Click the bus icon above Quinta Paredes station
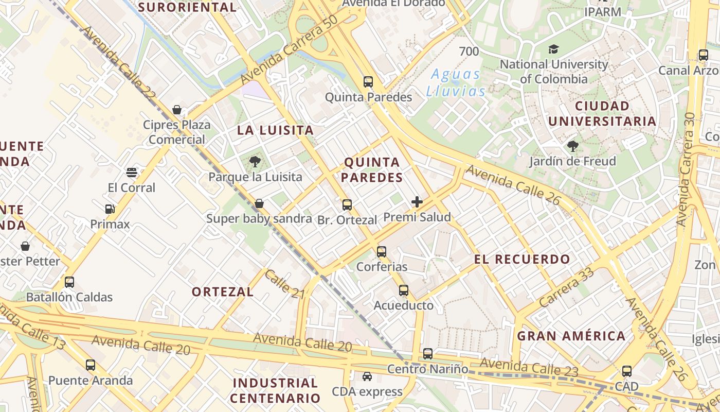pyautogui.click(x=368, y=81)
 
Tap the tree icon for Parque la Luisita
pyautogui.click(x=255, y=162)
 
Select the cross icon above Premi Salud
pyautogui.click(x=417, y=202)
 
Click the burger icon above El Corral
pyautogui.click(x=132, y=172)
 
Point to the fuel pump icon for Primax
pyautogui.click(x=110, y=209)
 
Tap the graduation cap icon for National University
pyautogui.click(x=553, y=49)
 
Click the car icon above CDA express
pyautogui.click(x=367, y=376)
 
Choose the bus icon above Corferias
pyautogui.click(x=382, y=251)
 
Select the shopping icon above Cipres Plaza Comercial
pyautogui.click(x=177, y=110)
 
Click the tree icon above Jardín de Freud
pyautogui.click(x=572, y=146)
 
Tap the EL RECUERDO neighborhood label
pyautogui.click(x=522, y=259)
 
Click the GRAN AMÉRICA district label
pyautogui.click(x=571, y=336)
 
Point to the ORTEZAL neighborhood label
pyautogui.click(x=223, y=291)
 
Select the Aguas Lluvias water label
pyautogui.click(x=456, y=83)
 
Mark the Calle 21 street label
pyautogui.click(x=285, y=284)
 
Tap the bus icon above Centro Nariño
pyautogui.click(x=428, y=354)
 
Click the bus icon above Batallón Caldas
pyautogui.click(x=69, y=282)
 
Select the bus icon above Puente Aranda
pyautogui.click(x=91, y=365)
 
